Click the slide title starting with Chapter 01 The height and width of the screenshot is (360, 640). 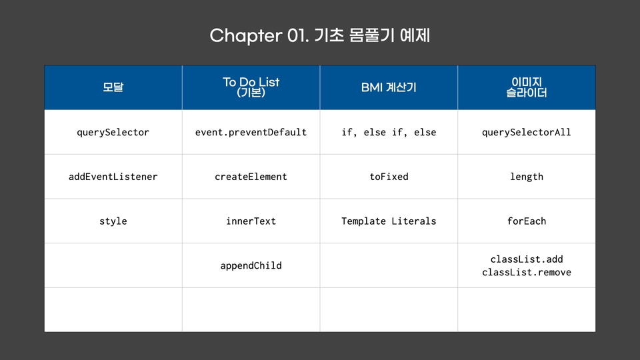click(x=319, y=35)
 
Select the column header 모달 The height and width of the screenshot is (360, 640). click(x=113, y=87)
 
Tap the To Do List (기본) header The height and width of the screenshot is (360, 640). click(x=251, y=87)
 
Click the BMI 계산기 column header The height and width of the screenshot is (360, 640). click(x=389, y=87)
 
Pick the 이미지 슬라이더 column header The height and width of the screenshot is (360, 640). click(x=527, y=87)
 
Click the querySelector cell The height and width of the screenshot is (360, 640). click(x=113, y=132)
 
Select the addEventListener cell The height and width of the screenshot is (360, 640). click(x=113, y=177)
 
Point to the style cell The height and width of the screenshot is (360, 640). click(x=113, y=221)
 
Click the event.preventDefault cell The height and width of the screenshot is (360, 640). click(x=251, y=132)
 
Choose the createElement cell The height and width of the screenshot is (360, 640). click(x=251, y=177)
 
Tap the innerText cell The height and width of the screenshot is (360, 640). click(x=251, y=221)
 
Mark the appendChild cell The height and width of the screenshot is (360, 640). click(x=251, y=266)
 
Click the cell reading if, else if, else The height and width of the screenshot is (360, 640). click(x=389, y=132)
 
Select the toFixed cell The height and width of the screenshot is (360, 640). click(x=389, y=177)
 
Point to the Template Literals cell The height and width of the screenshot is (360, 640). click(x=389, y=221)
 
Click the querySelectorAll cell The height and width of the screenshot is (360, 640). click(x=527, y=132)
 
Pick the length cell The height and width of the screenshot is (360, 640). click(x=527, y=177)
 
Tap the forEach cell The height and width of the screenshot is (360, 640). click(x=527, y=221)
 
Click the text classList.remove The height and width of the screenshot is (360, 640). click(x=527, y=272)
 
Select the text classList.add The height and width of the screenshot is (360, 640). click(x=527, y=259)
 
